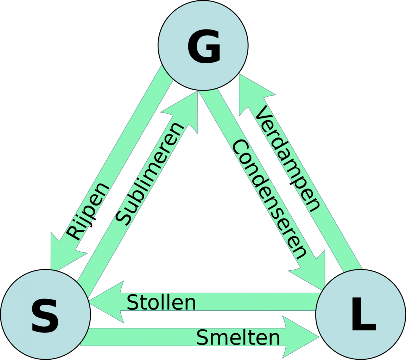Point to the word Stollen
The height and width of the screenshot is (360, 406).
click(x=161, y=303)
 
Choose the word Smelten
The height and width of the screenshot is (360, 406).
click(x=238, y=337)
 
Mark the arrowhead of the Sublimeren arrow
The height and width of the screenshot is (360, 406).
click(x=185, y=111)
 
